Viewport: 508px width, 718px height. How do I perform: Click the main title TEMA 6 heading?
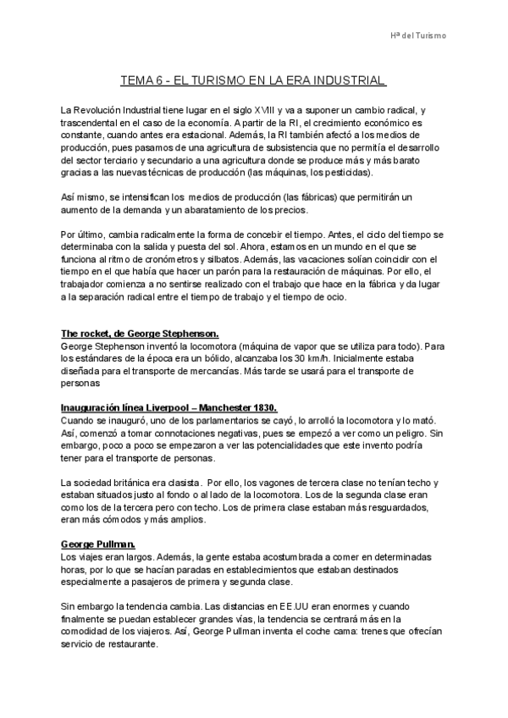click(x=254, y=81)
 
